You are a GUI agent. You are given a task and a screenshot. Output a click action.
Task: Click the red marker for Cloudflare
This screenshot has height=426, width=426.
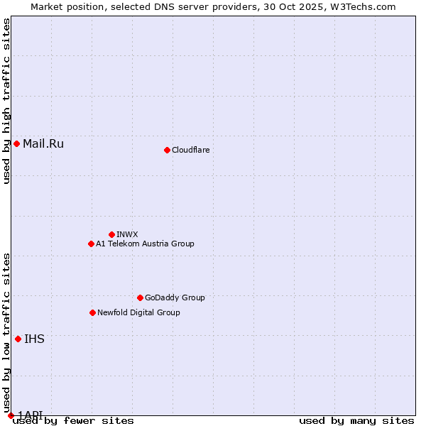167,150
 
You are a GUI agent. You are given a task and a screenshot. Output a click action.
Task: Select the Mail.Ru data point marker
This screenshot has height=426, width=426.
16,144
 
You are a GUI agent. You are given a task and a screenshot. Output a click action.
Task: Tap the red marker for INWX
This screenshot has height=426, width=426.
111,234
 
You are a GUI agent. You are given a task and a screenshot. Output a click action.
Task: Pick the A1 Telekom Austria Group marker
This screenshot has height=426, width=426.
91,244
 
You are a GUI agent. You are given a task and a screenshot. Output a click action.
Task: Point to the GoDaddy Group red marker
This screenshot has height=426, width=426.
140,297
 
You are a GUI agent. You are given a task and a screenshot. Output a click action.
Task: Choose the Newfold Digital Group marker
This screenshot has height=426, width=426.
92,312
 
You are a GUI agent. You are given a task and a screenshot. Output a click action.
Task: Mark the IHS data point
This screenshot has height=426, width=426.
18,339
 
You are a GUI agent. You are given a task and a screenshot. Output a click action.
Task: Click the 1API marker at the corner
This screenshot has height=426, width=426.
11,415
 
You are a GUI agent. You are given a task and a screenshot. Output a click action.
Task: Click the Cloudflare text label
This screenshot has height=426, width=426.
190,150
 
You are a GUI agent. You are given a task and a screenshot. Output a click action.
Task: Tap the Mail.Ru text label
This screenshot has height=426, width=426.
43,144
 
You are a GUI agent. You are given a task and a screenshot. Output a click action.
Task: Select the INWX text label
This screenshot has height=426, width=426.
127,234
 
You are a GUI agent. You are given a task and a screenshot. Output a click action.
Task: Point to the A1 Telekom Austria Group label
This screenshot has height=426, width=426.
145,244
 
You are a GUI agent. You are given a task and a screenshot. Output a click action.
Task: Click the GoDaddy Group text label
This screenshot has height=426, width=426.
175,297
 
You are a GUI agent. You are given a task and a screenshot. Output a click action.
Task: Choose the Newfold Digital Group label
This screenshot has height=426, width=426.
138,312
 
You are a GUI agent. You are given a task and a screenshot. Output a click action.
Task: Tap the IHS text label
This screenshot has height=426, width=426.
34,339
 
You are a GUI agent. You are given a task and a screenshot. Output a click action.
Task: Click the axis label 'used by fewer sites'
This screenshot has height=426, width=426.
73,420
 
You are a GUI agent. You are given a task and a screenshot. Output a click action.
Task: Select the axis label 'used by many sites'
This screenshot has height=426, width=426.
356,420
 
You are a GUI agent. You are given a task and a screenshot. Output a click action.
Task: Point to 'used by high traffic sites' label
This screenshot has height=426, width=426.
7,101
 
